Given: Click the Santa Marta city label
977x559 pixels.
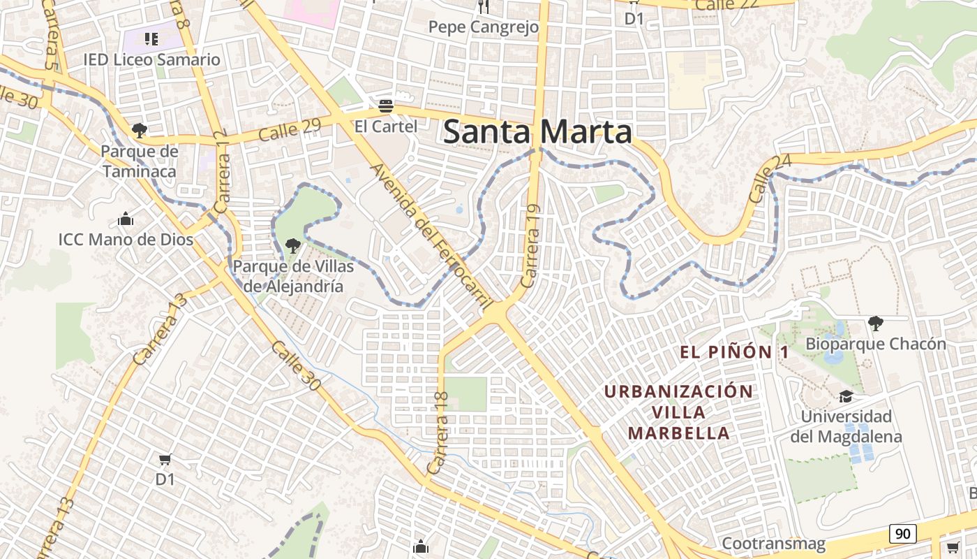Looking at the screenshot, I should tap(537, 132).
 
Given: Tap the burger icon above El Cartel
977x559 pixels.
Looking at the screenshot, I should tap(385, 107).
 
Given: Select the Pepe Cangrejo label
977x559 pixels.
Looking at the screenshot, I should tap(484, 27).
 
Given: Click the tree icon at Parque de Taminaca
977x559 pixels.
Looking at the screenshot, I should tap(140, 130).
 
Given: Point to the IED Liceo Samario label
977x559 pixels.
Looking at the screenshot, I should tap(151, 59).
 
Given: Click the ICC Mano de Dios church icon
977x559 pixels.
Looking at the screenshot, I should tap(126, 219).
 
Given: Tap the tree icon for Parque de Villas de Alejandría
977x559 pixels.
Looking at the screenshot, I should tap(293, 245).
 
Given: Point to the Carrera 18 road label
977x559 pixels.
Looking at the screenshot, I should tap(439, 433).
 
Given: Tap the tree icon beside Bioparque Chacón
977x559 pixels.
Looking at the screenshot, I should tap(875, 323).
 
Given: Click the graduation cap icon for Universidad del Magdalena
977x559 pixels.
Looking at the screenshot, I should tap(846, 396).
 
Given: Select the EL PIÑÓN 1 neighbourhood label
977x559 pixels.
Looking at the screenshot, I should tap(734, 352).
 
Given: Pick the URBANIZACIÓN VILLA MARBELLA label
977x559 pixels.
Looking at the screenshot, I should tap(679, 412).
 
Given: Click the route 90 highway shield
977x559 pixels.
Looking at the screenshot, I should tap(902, 534).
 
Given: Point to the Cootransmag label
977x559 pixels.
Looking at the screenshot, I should tap(773, 543).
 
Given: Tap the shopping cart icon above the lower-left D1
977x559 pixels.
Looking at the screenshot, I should tap(165, 460).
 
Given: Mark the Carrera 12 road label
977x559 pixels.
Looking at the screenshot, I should tap(223, 172).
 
